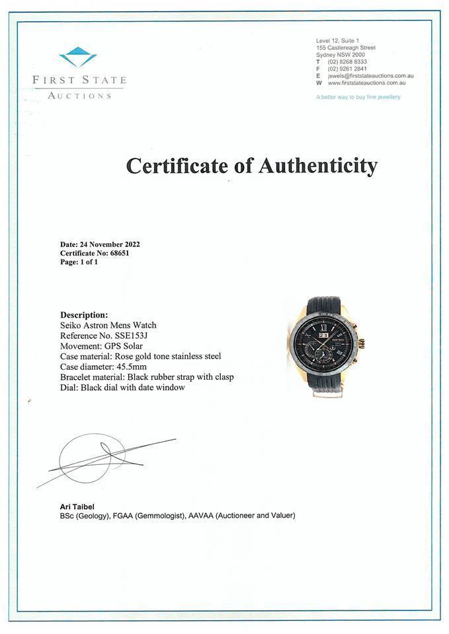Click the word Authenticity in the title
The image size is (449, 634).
point(317,165)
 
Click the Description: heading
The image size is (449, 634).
point(84,315)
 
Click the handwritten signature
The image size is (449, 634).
point(99,457)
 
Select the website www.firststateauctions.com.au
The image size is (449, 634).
point(366,83)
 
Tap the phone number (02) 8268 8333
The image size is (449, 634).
point(348,61)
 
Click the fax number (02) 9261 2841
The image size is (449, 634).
point(348,69)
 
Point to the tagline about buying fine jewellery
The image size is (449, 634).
point(358,97)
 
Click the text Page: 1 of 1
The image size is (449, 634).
point(79,262)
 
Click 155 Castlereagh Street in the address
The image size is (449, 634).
point(346,48)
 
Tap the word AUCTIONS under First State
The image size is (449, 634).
point(79,96)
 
